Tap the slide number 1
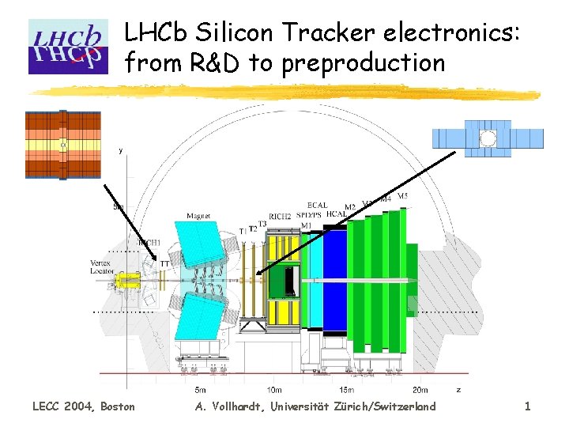coord(527,406)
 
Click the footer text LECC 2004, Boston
coord(83,406)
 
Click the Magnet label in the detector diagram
coord(198,215)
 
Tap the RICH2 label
coord(280,215)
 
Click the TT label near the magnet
coord(165,263)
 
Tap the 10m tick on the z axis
coord(273,389)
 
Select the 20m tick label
coord(420,389)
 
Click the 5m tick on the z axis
coord(201,389)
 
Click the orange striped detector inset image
coord(63,145)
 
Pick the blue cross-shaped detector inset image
coord(488,139)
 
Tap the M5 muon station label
coord(402,195)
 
